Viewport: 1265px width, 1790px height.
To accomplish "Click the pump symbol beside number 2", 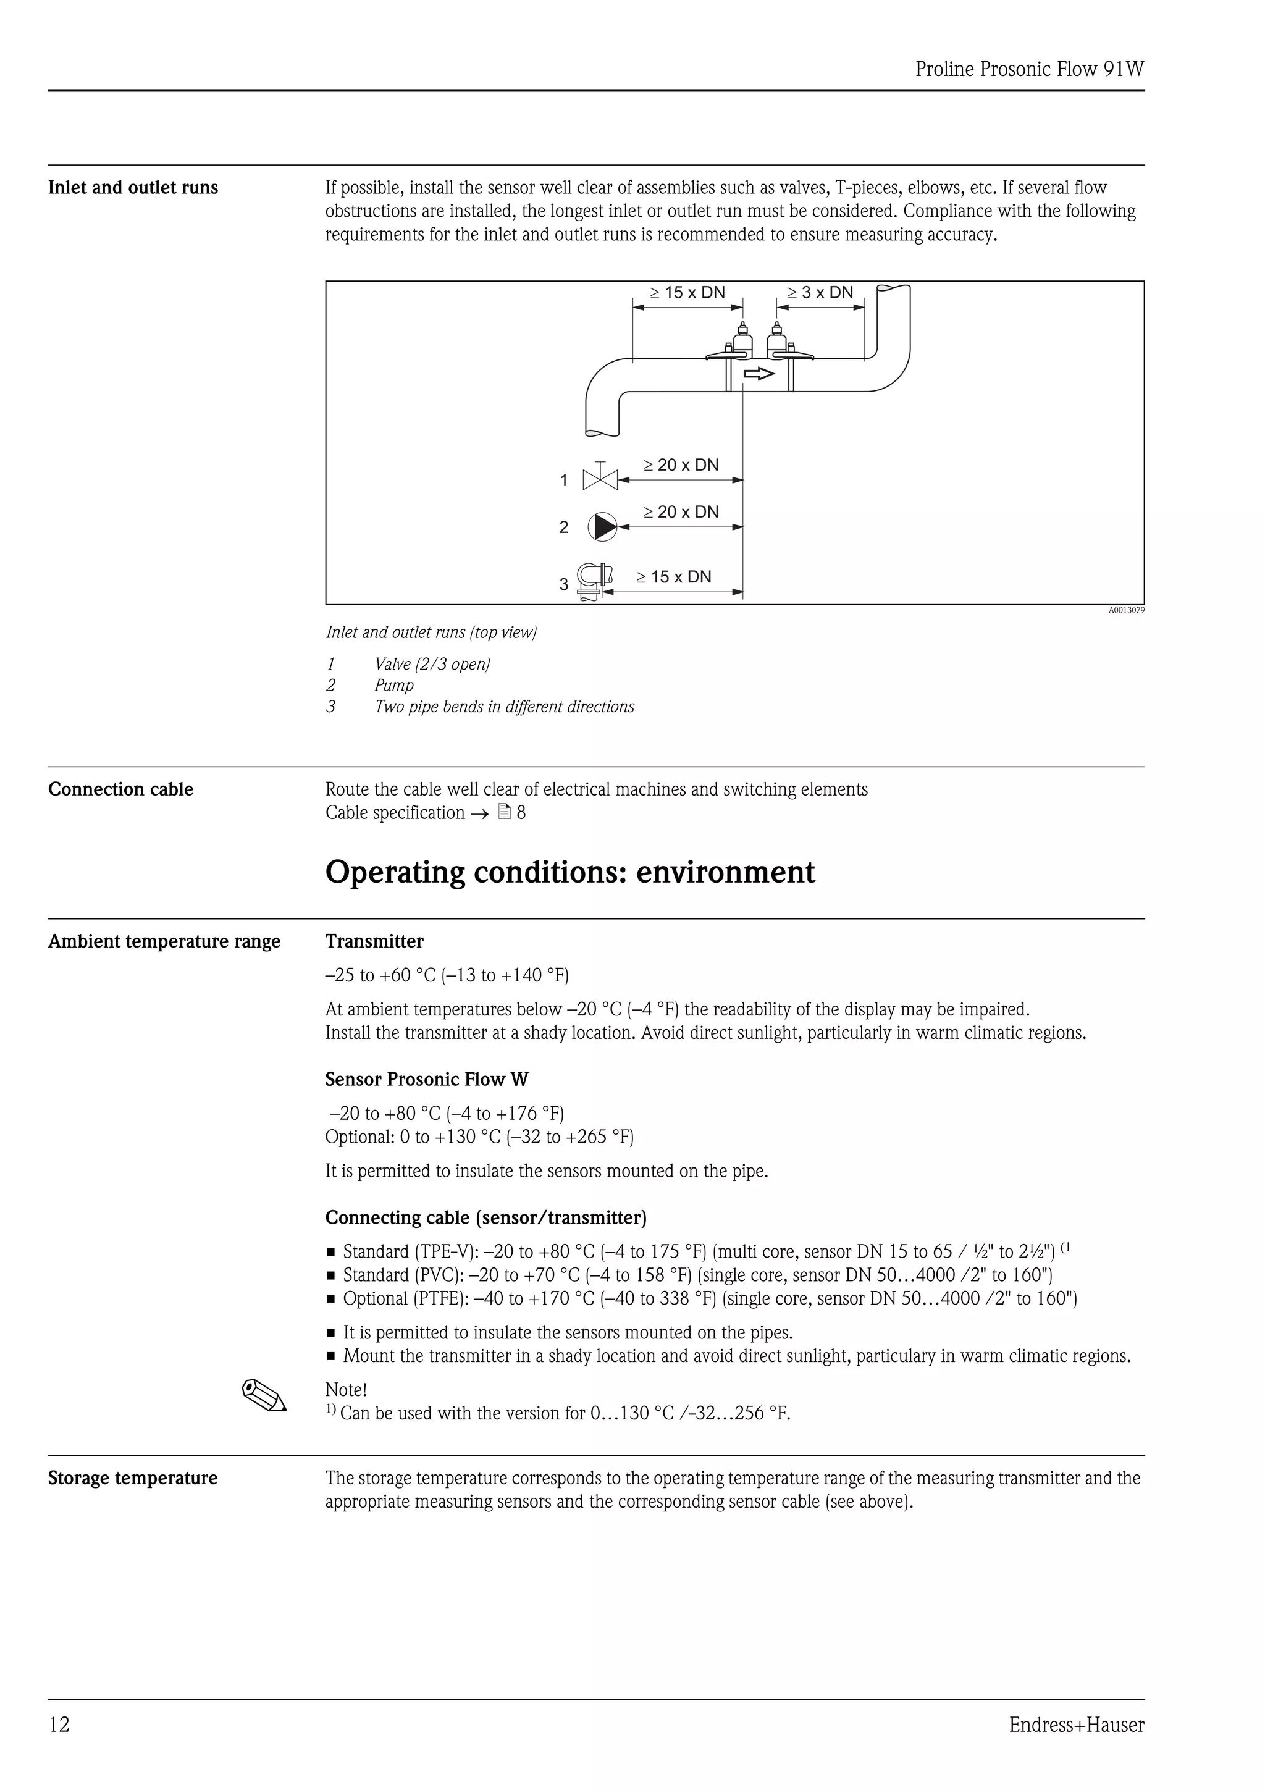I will pyautogui.click(x=602, y=527).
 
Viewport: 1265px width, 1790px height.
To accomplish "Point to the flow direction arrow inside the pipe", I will pyautogui.click(x=759, y=374).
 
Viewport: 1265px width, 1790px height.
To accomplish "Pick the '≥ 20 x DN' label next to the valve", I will pyautogui.click(x=681, y=466).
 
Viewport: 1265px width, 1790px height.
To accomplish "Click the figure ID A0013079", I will pyautogui.click(x=1126, y=610).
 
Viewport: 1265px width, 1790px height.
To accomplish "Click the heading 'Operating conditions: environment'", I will pyautogui.click(x=569, y=872).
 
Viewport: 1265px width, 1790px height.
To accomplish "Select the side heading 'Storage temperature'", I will pyautogui.click(x=133, y=1478).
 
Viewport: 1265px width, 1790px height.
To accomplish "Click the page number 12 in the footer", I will pyautogui.click(x=59, y=1725).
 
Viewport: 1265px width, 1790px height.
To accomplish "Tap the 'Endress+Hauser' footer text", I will pyautogui.click(x=1077, y=1725).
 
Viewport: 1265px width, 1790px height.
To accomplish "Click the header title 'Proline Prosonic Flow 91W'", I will pyautogui.click(x=1029, y=69).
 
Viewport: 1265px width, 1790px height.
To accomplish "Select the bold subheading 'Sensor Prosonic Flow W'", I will pyautogui.click(x=426, y=1079).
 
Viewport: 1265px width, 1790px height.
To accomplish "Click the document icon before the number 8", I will pyautogui.click(x=504, y=812).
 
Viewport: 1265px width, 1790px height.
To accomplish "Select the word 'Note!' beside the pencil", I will pyautogui.click(x=346, y=1390).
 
